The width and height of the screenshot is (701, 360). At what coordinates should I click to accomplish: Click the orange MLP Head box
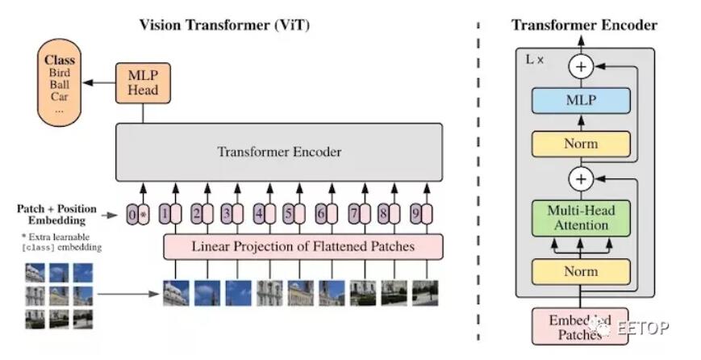(143, 82)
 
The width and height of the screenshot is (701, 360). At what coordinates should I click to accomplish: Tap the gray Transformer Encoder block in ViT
(279, 152)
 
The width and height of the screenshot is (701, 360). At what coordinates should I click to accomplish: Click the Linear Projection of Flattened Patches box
(302, 246)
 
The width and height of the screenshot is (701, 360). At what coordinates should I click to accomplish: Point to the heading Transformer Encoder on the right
(584, 25)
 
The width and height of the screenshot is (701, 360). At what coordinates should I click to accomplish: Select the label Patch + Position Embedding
(56, 215)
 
